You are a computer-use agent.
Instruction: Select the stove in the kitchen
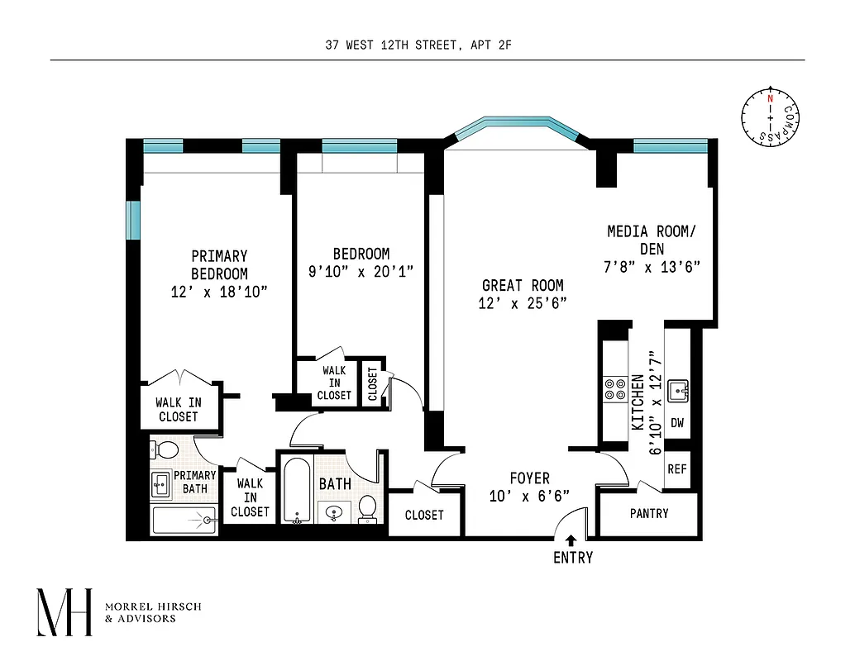click(x=614, y=388)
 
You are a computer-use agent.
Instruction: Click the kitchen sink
click(x=678, y=389)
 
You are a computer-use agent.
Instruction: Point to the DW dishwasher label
click(x=677, y=423)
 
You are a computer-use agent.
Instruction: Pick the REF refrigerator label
click(x=677, y=468)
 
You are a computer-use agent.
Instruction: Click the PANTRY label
click(x=649, y=513)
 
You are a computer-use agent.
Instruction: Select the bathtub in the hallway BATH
click(x=295, y=491)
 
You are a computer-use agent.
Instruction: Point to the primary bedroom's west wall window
click(x=132, y=219)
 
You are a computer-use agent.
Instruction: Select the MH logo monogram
click(x=64, y=612)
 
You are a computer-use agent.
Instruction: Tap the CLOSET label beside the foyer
click(x=424, y=515)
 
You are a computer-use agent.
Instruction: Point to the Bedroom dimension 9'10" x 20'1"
click(x=361, y=271)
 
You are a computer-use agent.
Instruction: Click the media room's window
click(x=670, y=146)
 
